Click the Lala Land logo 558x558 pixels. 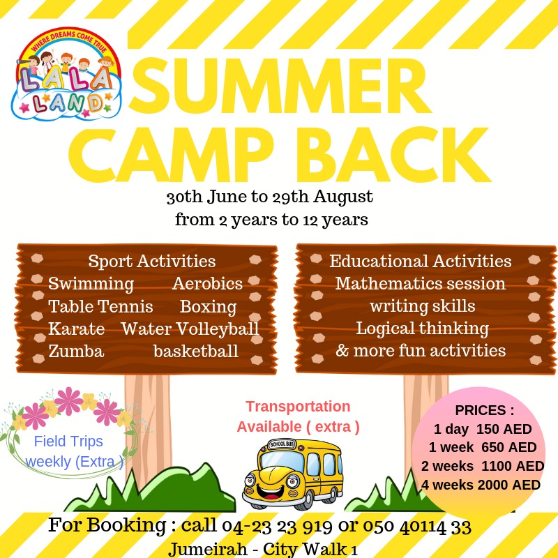66,74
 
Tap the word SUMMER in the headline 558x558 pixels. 280,86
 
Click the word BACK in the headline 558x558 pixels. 398,155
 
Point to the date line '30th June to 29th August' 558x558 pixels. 270,197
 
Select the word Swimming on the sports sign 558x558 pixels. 91,285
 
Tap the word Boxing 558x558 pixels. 208,307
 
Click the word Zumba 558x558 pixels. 76,352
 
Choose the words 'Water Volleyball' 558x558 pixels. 190,329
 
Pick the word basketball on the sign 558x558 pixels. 196,352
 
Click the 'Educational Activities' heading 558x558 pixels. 421,261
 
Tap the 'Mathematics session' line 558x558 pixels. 421,284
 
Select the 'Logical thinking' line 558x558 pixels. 423,329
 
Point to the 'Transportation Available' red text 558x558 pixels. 299,416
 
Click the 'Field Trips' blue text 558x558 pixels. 68,442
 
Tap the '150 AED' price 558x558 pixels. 504,429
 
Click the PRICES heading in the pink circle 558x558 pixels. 484,410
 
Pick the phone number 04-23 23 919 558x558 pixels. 277,527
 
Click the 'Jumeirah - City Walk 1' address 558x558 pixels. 263,549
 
